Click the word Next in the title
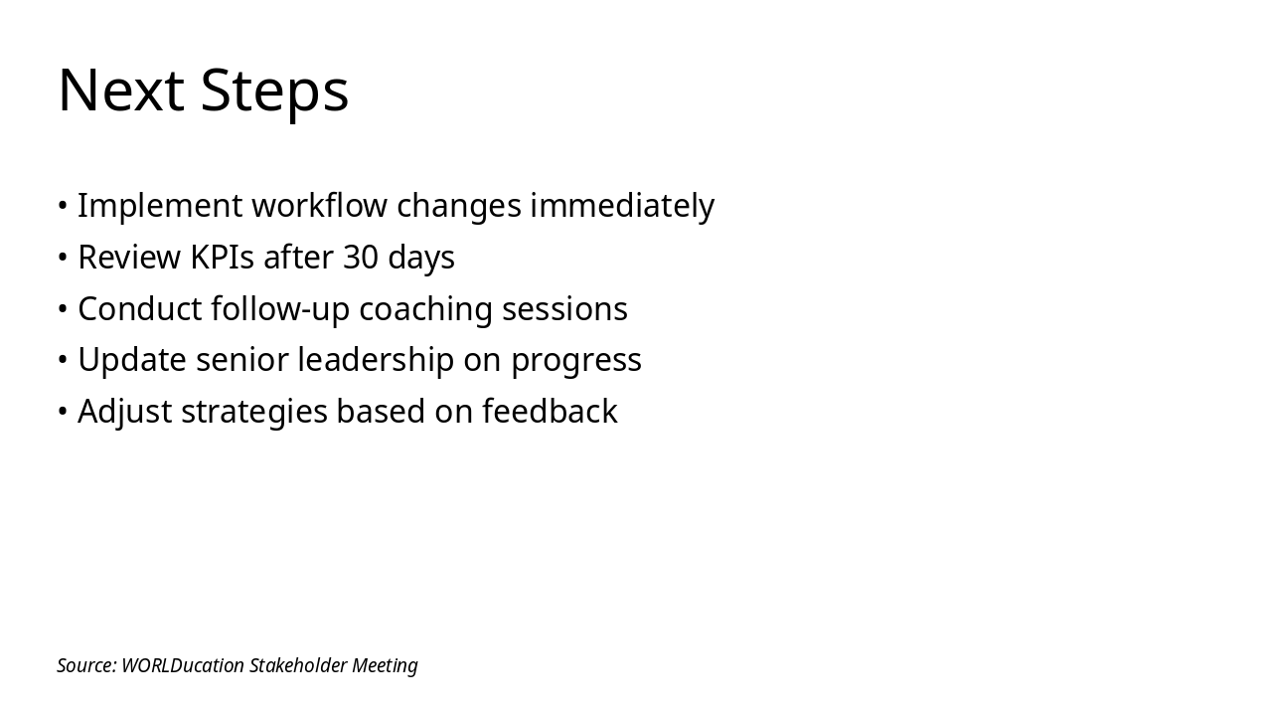120,90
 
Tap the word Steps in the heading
274,90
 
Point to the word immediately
621,206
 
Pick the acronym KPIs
223,258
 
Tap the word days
421,258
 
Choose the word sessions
564,309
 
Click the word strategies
254,412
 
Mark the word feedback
550,412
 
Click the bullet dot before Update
63,360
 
